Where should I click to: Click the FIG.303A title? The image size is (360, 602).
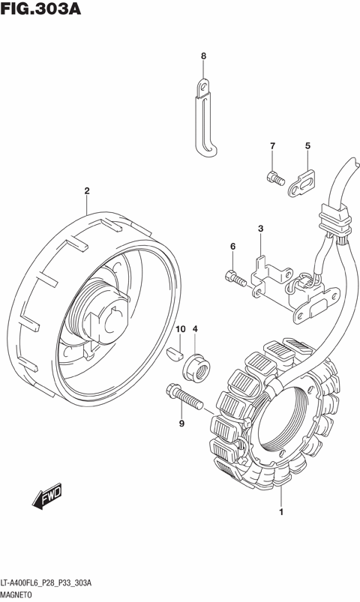pyautogui.click(x=40, y=8)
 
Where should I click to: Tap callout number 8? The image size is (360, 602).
pyautogui.click(x=203, y=56)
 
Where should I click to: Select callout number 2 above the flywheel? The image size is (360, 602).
pyautogui.click(x=87, y=190)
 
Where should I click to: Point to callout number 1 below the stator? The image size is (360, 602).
pyautogui.click(x=281, y=512)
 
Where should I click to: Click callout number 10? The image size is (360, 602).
pyautogui.click(x=180, y=329)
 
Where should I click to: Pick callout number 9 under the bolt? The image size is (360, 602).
pyautogui.click(x=181, y=424)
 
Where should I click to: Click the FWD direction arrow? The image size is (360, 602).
pyautogui.click(x=46, y=496)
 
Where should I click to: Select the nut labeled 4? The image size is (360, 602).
pyautogui.click(x=196, y=367)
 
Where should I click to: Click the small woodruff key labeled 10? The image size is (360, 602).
pyautogui.click(x=175, y=354)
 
